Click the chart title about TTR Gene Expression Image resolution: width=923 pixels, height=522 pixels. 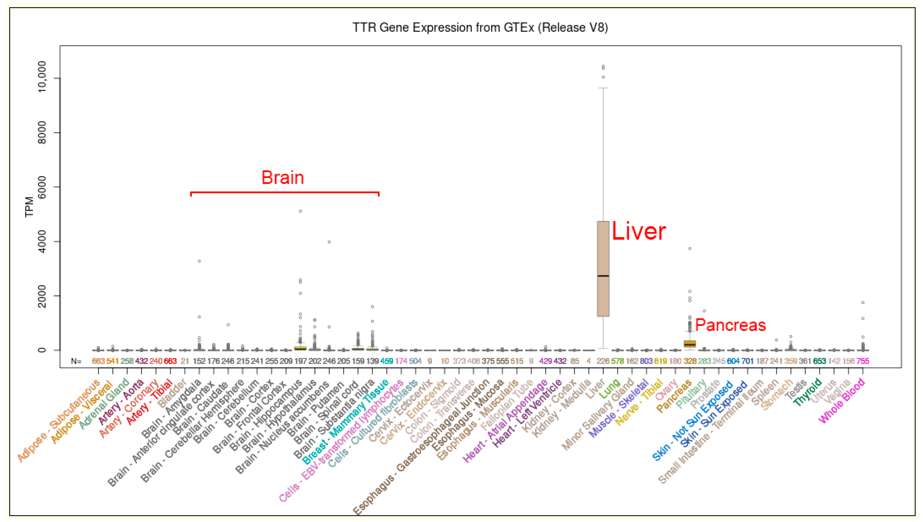pyautogui.click(x=480, y=28)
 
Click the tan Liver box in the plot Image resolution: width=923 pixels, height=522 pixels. pyautogui.click(x=603, y=251)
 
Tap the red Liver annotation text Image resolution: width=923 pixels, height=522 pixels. pyautogui.click(x=638, y=231)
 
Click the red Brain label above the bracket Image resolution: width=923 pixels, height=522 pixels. pyautogui.click(x=282, y=178)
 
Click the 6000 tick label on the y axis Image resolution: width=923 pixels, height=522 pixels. pyautogui.click(x=42, y=187)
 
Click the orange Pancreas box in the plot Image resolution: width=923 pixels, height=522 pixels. pyautogui.click(x=690, y=344)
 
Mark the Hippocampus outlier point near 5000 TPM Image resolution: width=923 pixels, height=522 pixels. pyautogui.click(x=300, y=211)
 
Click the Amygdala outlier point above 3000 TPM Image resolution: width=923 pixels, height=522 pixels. pyautogui.click(x=199, y=261)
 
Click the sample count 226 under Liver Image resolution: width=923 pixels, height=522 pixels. pyautogui.click(x=603, y=361)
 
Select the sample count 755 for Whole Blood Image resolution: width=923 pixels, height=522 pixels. pyautogui.click(x=863, y=361)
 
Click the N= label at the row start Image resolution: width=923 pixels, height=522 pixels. pyautogui.click(x=76, y=361)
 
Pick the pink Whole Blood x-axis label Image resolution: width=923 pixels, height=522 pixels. pyautogui.click(x=842, y=401)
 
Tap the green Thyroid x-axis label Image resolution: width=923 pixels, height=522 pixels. pyautogui.click(x=807, y=392)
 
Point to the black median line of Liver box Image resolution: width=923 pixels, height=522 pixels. pyautogui.click(x=603, y=276)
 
